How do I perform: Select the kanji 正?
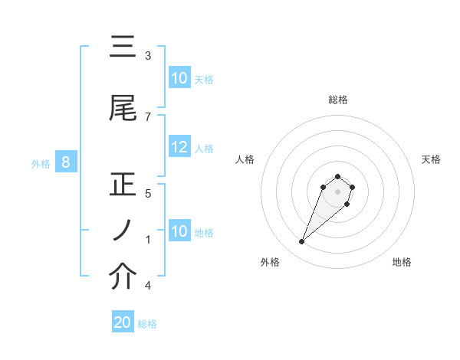coord(123,185)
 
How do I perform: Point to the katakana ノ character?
coord(122,231)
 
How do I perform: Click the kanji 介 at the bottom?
coord(123,277)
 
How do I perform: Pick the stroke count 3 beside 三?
coord(148,56)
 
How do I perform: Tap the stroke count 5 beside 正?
coord(148,193)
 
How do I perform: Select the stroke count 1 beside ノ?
coord(148,239)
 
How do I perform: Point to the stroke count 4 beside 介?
coord(148,286)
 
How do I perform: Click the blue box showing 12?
coord(179,147)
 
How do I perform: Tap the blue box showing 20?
coord(123,322)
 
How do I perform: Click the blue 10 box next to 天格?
coord(179,78)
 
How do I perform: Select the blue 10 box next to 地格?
coord(179,231)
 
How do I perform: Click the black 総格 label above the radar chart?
coord(338,100)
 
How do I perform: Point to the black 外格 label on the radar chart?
coord(270,262)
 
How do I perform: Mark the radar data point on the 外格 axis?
coord(302,242)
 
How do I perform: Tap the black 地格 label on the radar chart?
coord(402,262)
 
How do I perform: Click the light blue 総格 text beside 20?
coord(147,324)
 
